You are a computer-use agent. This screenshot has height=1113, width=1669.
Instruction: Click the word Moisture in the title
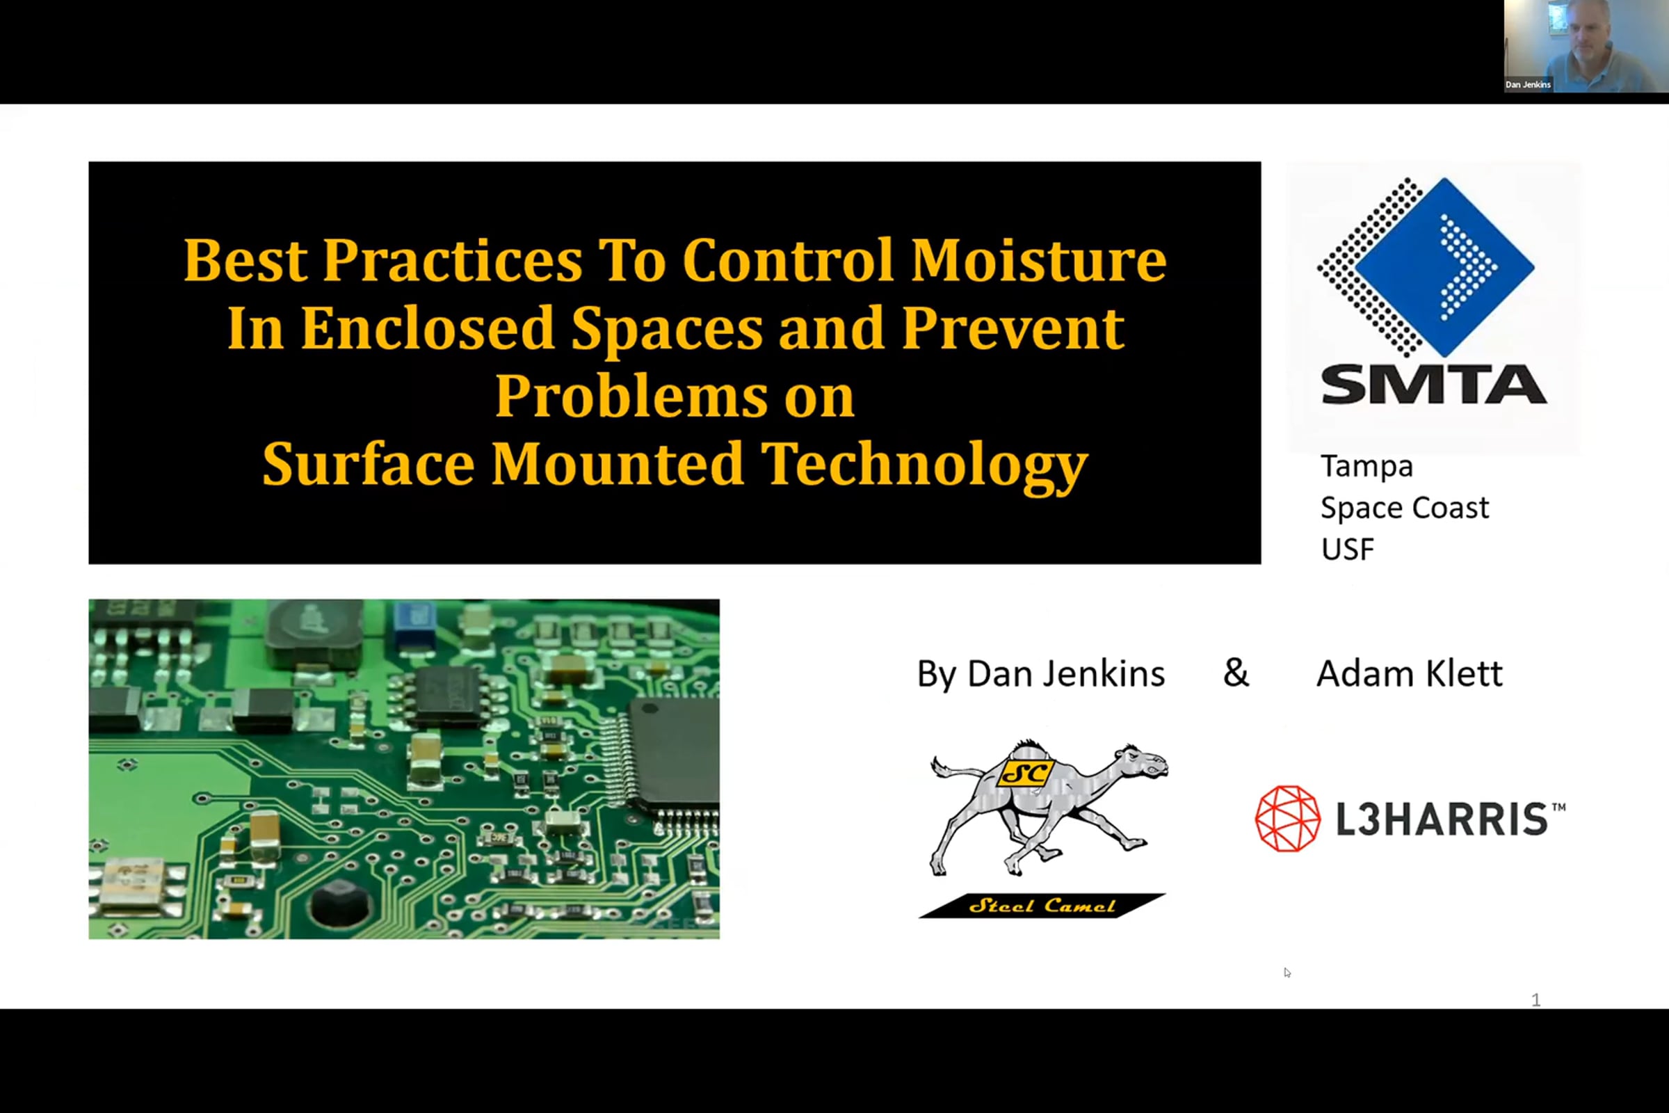[1038, 259]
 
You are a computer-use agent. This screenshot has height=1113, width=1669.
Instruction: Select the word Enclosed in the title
[427, 328]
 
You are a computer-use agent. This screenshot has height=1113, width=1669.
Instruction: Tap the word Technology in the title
[925, 465]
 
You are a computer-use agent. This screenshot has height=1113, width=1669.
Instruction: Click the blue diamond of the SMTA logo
[1445, 267]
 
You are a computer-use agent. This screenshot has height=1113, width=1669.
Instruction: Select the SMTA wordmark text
[1433, 385]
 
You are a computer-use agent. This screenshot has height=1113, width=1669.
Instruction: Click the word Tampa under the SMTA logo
[1366, 467]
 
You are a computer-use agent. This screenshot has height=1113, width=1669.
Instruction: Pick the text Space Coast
[1404, 508]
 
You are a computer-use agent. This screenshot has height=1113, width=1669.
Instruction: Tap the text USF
[1348, 550]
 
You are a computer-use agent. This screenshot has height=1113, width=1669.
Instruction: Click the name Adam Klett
[1410, 673]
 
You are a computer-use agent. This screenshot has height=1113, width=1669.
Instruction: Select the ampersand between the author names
[1236, 672]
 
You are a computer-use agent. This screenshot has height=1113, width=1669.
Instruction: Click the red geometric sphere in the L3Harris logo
[1288, 818]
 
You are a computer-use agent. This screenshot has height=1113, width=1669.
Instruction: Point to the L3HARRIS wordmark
[1451, 819]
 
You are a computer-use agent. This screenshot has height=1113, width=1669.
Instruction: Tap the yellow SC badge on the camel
[1026, 773]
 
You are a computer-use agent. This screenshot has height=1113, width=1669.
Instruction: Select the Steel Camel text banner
[1042, 906]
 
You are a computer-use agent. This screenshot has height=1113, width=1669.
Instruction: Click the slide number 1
[1535, 1000]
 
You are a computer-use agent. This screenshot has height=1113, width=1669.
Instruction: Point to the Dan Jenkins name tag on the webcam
[1528, 84]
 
